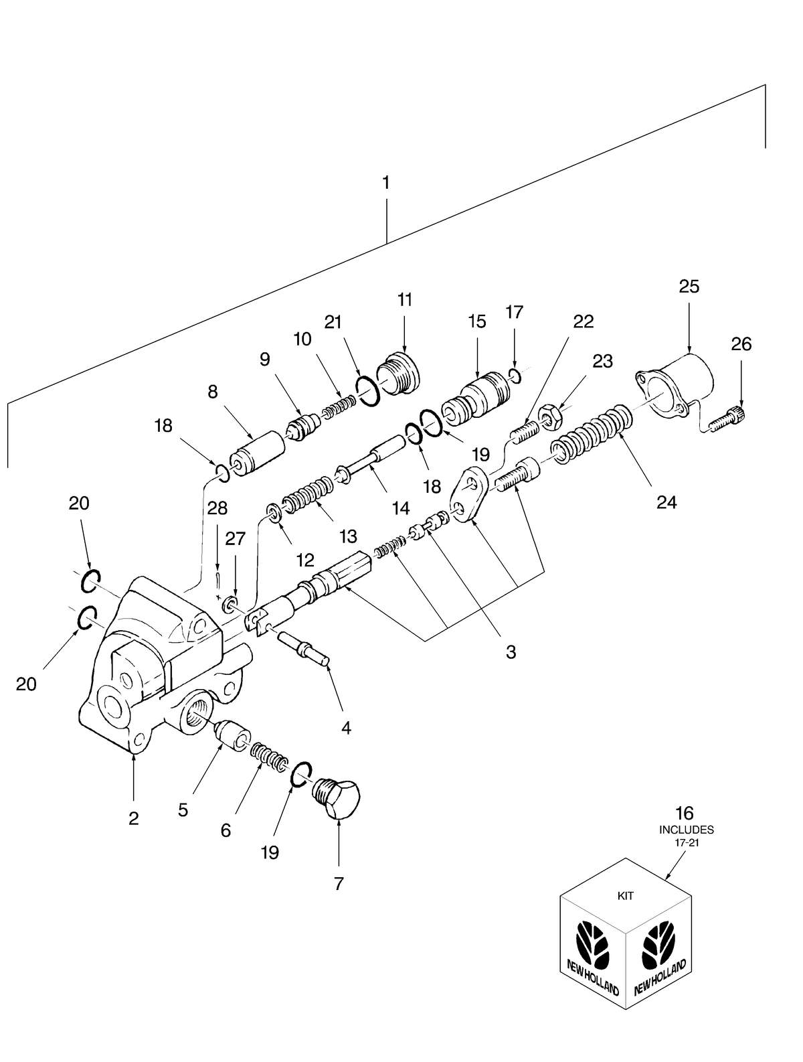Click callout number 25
[689, 287]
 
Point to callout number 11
[405, 299]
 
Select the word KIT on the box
[625, 895]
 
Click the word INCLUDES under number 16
[686, 830]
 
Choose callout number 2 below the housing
[134, 818]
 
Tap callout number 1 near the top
[386, 182]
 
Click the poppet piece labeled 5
[231, 733]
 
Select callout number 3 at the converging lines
[511, 652]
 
